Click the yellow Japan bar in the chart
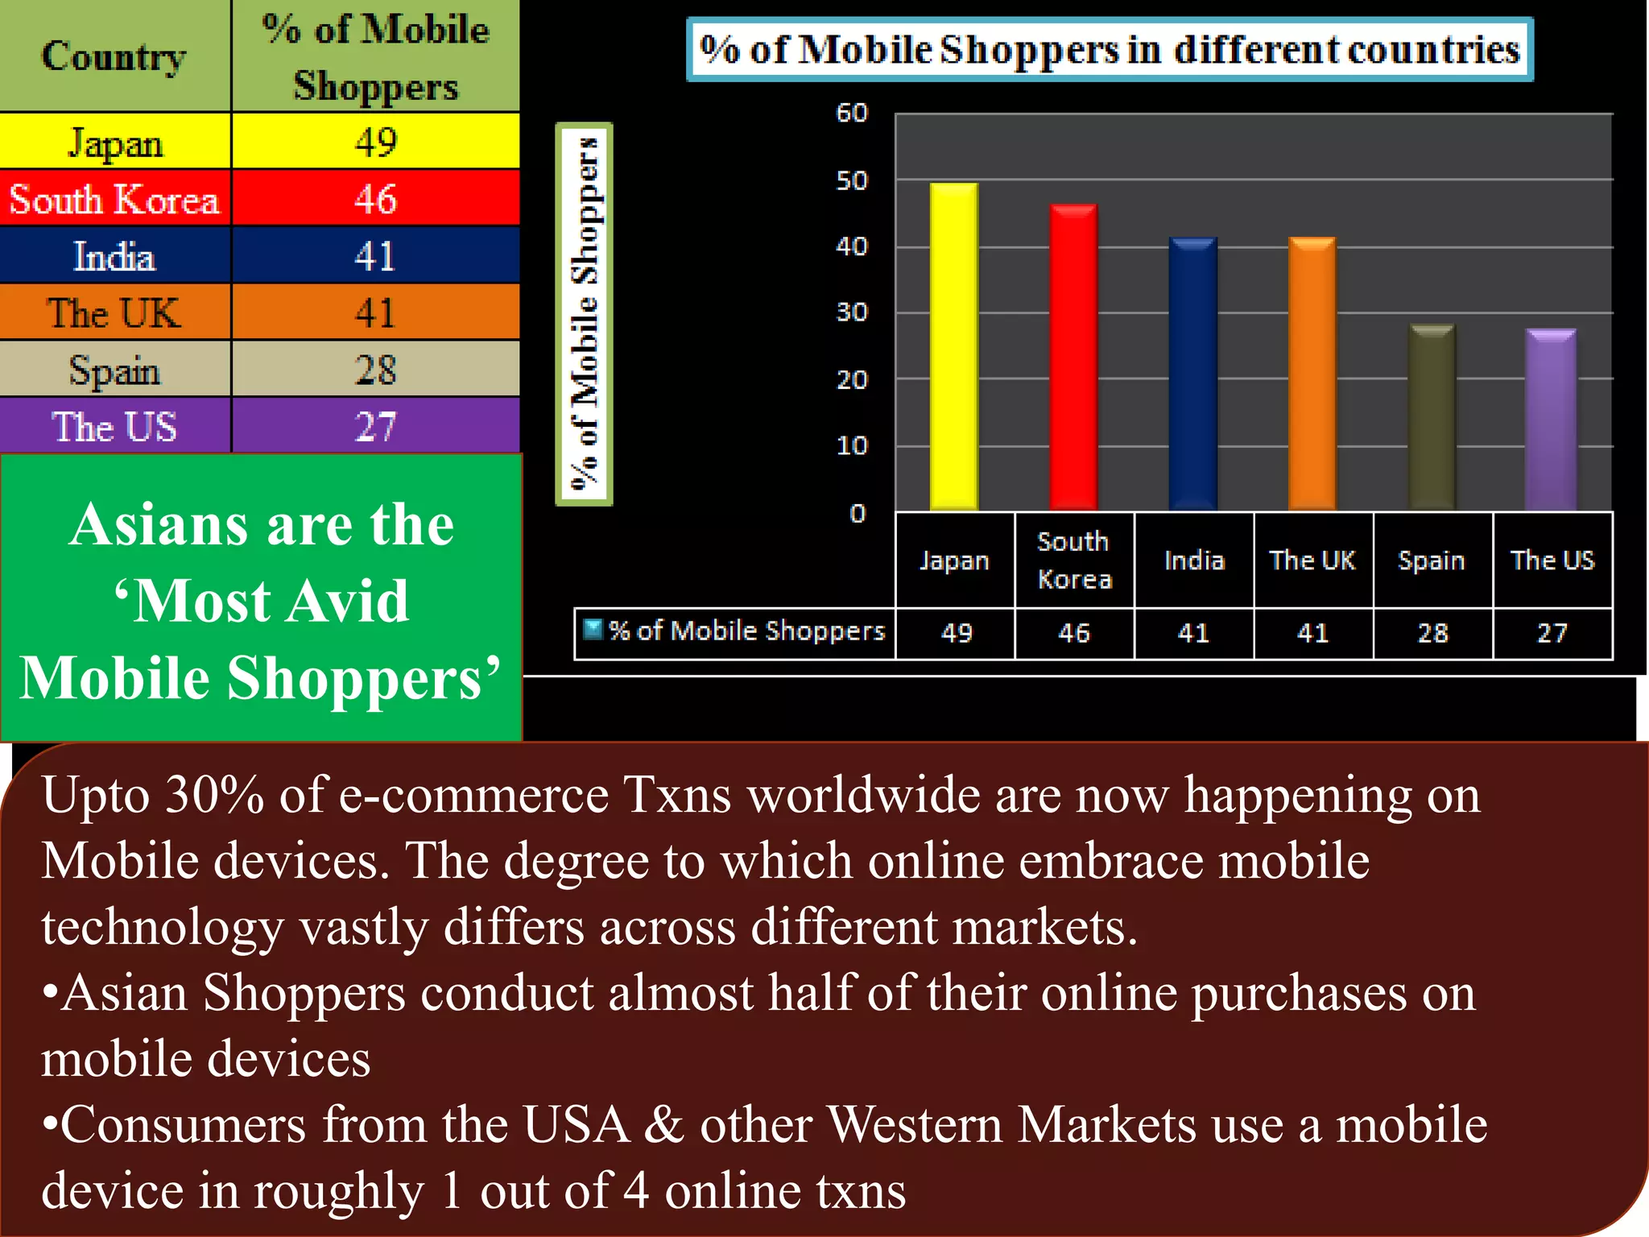click(954, 346)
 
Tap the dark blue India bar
click(1192, 374)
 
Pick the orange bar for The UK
click(1312, 374)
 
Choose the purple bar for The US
click(1551, 420)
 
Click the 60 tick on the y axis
click(852, 113)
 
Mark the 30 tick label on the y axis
click(852, 312)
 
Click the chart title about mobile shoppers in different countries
click(1110, 50)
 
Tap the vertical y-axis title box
click(585, 314)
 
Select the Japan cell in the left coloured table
click(115, 143)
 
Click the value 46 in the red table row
click(375, 199)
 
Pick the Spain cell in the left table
click(115, 370)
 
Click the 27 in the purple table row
click(375, 426)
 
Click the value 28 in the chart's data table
click(1432, 633)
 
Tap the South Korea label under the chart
click(1074, 560)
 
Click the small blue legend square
click(593, 629)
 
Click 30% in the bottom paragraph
click(214, 795)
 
